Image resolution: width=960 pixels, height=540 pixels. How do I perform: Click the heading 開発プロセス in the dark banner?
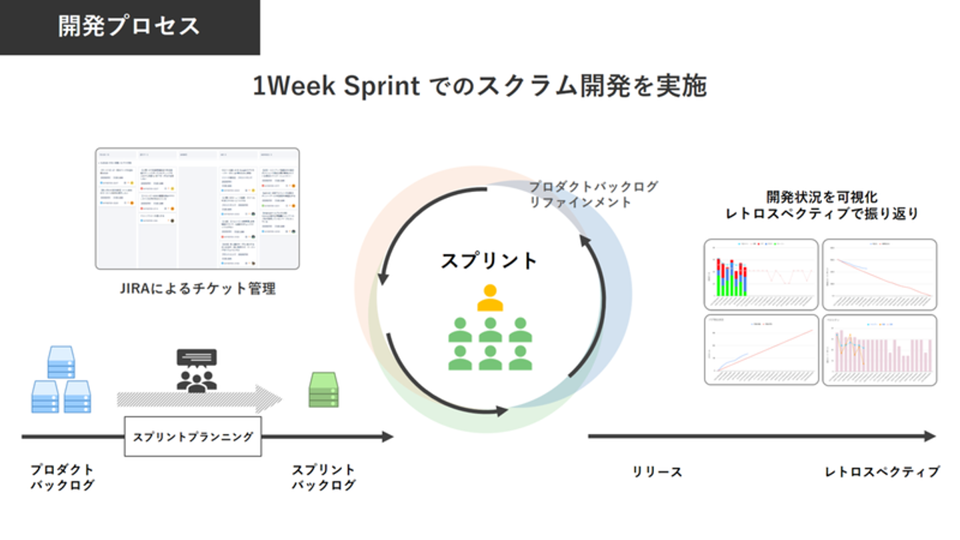click(129, 27)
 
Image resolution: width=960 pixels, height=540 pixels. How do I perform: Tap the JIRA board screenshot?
click(197, 208)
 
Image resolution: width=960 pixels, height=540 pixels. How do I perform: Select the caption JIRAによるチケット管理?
click(197, 289)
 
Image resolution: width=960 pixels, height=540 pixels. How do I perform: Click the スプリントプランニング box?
click(193, 437)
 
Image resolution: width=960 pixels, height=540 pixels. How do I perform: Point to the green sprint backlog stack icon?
click(323, 390)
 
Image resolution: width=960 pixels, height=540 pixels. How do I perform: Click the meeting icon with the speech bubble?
click(197, 369)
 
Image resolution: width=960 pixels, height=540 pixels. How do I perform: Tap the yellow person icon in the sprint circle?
click(490, 298)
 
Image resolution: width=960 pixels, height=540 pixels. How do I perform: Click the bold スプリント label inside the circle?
click(489, 261)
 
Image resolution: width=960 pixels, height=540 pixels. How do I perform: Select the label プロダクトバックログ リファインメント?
click(593, 194)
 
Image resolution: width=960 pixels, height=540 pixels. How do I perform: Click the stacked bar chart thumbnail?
click(761, 275)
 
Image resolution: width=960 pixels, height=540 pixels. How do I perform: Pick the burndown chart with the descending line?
click(879, 275)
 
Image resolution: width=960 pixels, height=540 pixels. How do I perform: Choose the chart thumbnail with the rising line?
click(761, 350)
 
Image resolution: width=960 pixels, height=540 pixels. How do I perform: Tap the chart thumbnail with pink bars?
click(879, 350)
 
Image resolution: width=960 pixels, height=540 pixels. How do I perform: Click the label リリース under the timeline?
click(657, 472)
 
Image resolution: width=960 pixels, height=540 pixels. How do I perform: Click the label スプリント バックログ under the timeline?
click(323, 477)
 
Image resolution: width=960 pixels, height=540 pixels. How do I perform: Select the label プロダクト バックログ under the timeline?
click(62, 477)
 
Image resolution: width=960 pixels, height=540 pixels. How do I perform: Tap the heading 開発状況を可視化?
click(821, 197)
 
